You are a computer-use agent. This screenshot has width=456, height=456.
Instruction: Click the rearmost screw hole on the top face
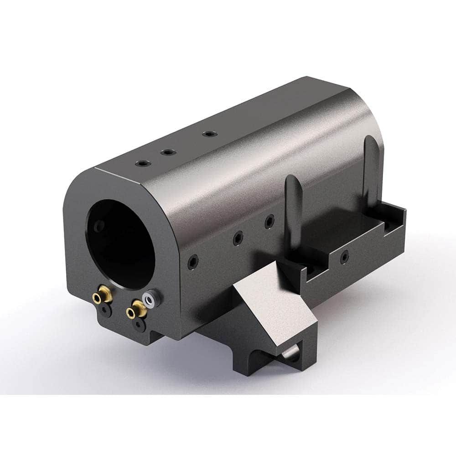point(209,134)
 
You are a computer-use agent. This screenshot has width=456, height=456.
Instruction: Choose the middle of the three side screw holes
point(237,237)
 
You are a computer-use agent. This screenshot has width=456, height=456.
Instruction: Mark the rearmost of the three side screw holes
point(270,221)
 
